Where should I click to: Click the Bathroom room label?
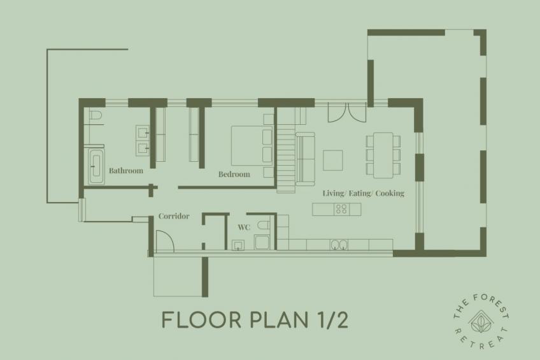pos(125,171)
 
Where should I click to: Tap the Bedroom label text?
pos(234,174)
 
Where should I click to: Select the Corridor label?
pos(174,216)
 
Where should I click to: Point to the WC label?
pos(243,227)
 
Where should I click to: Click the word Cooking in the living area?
pos(390,193)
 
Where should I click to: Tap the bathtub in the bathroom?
pos(96,166)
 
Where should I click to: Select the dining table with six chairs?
pos(383,155)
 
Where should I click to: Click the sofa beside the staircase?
pos(306,157)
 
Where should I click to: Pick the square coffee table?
pos(332,160)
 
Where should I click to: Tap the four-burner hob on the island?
pos(341,208)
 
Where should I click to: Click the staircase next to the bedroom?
pos(287,153)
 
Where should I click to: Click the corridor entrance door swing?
pos(162,241)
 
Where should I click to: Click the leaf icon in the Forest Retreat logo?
pos(480,320)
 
